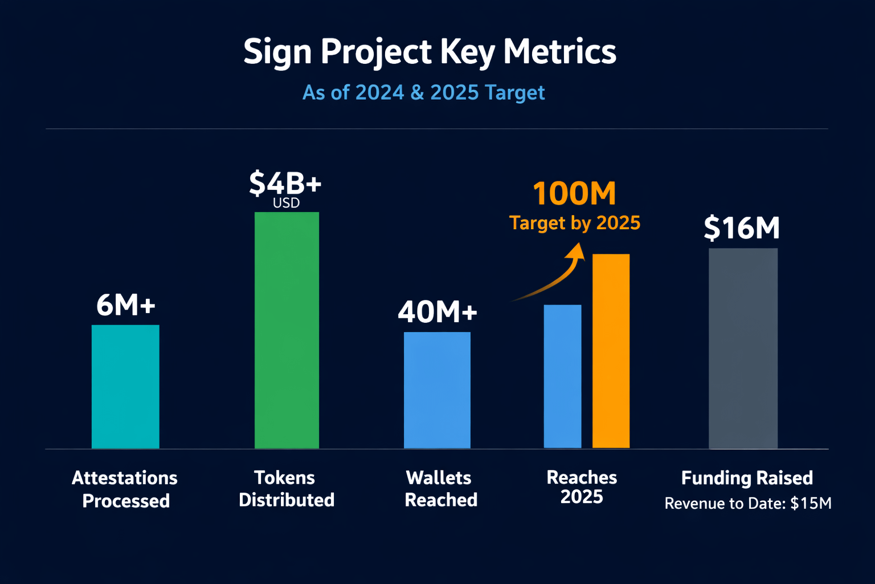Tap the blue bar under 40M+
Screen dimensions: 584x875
(437, 390)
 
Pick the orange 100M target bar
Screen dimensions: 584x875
(611, 351)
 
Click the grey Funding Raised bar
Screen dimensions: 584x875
(743, 348)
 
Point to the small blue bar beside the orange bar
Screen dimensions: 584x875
(562, 376)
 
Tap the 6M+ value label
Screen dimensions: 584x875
(126, 305)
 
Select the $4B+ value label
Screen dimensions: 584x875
(285, 183)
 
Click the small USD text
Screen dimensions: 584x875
(286, 203)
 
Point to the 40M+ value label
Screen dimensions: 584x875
(437, 312)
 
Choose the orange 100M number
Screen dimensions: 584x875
(574, 194)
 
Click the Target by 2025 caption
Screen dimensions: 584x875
(574, 223)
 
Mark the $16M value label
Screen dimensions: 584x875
(742, 228)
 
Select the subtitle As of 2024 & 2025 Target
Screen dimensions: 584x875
(423, 92)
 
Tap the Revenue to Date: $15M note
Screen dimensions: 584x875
(747, 504)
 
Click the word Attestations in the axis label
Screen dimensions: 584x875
(125, 478)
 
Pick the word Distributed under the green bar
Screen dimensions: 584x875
(287, 500)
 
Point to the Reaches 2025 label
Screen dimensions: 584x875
(582, 487)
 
